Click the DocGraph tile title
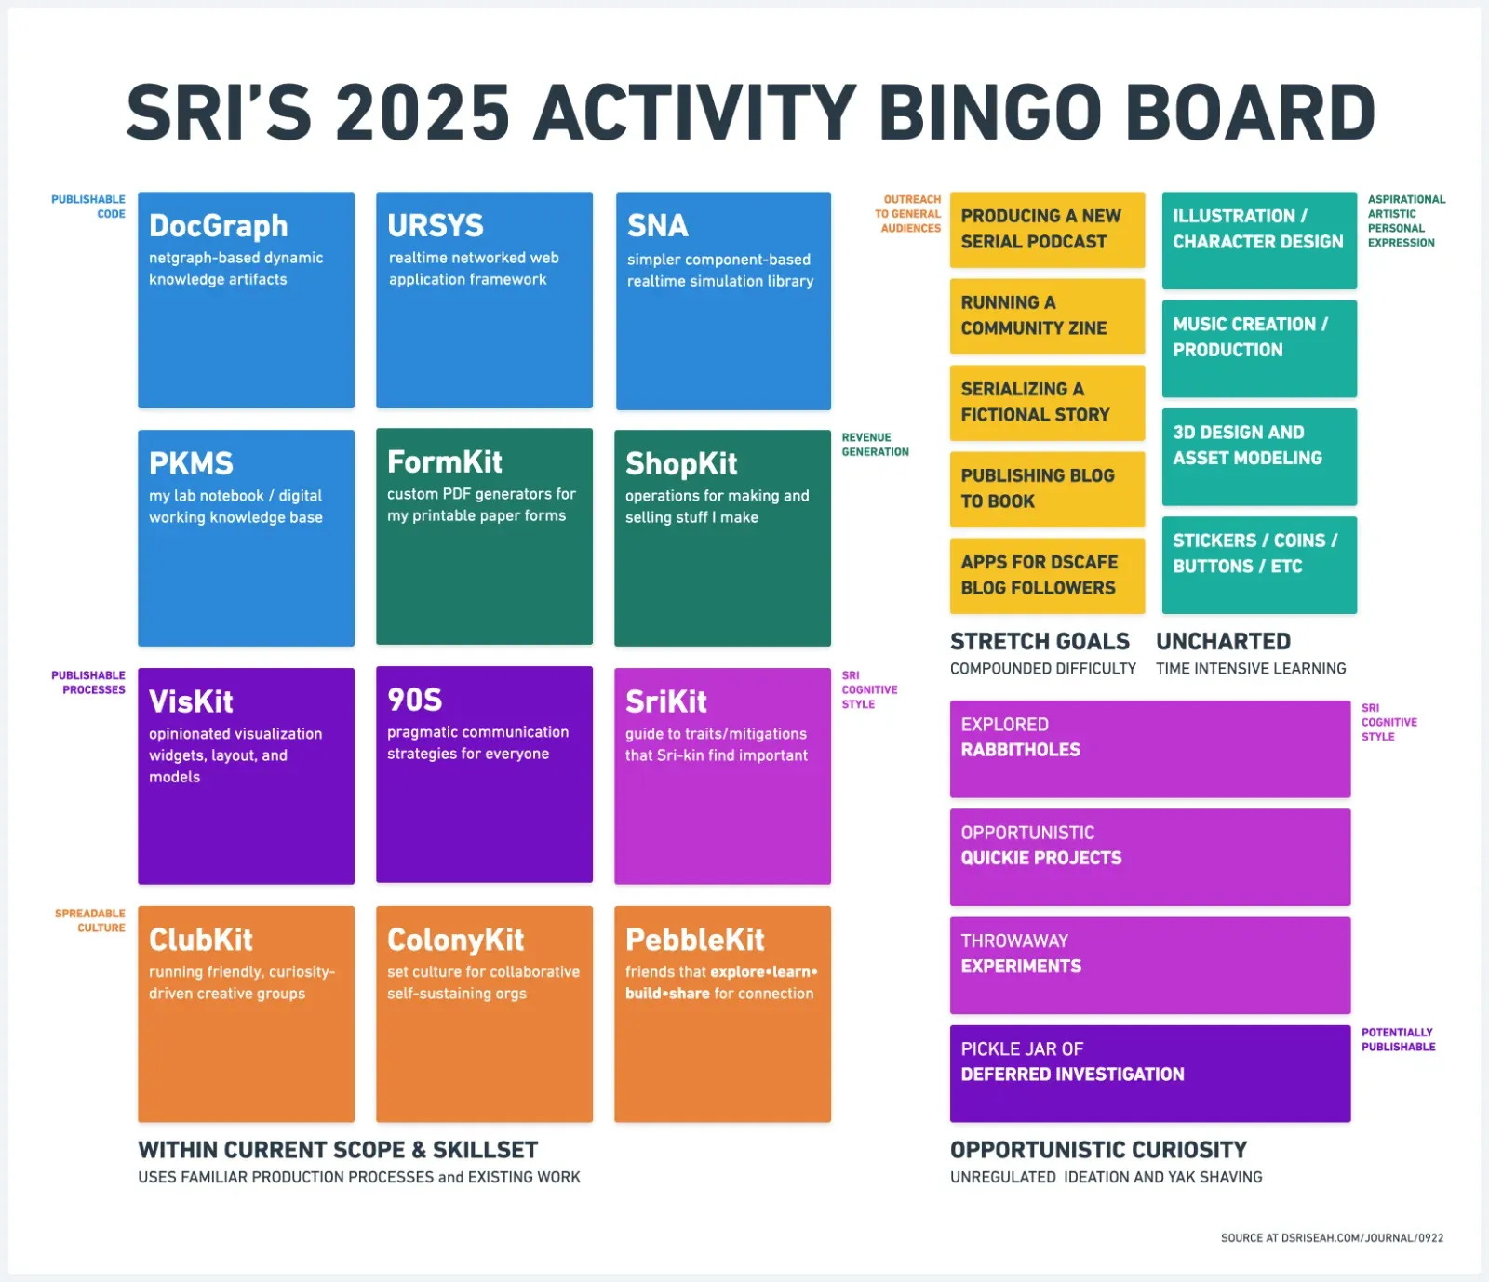[x=219, y=226]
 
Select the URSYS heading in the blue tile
[x=436, y=225]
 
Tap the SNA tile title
[x=658, y=226]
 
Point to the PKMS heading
[x=191, y=463]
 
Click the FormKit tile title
[x=445, y=461]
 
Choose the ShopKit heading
[x=681, y=463]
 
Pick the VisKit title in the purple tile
[x=191, y=701]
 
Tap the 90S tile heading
[x=415, y=700]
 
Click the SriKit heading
[x=666, y=701]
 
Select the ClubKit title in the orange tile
[x=201, y=940]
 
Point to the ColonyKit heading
[x=456, y=940]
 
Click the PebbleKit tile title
[x=695, y=940]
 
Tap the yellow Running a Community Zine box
[x=1047, y=316]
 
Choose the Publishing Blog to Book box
[x=1047, y=489]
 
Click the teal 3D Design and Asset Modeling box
[x=1259, y=457]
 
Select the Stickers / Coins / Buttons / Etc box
[x=1259, y=565]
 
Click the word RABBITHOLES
[x=1021, y=750]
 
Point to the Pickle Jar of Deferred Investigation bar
[x=1149, y=1074]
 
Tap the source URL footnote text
[x=1332, y=1238]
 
